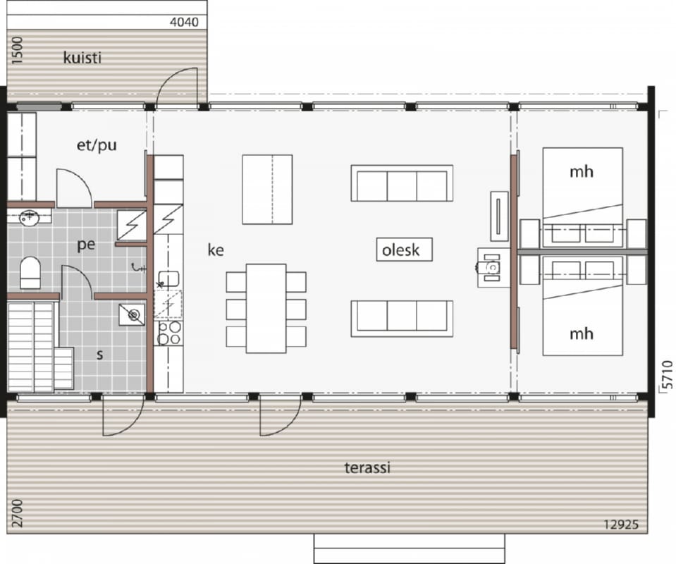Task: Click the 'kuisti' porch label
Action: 82,57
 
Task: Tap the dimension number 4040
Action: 184,22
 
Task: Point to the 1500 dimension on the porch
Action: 17,51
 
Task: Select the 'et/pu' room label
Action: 97,145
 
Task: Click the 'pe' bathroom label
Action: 86,245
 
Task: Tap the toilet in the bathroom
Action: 30,273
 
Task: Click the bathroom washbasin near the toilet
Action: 30,217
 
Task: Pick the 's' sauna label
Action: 99,355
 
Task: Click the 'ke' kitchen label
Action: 216,250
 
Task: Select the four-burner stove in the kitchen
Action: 168,333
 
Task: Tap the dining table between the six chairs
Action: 266,308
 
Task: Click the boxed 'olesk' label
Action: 404,250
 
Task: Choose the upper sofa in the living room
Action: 402,183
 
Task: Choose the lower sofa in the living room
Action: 402,318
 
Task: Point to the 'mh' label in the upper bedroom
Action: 581,171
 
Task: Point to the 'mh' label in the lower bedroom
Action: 581,333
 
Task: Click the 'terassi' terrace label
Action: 367,467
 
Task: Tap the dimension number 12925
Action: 621,525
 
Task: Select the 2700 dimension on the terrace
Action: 17,513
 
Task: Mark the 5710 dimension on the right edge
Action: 667,374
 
